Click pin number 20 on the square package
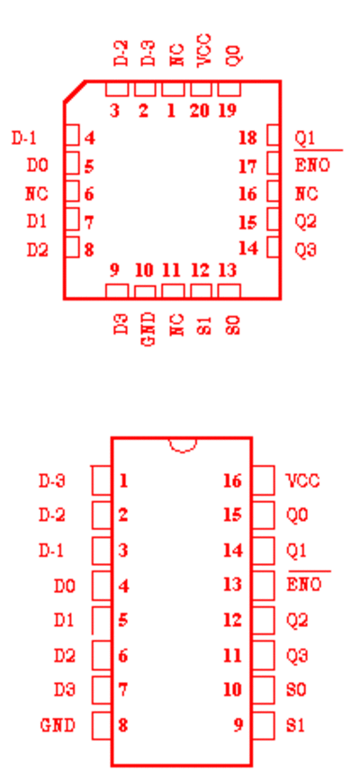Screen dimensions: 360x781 [199, 111]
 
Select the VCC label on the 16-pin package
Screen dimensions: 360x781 [302, 480]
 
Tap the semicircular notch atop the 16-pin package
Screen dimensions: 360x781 [182, 444]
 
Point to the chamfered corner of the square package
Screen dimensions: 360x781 [74, 91]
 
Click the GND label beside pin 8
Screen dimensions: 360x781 [58, 725]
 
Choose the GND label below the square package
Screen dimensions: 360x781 [148, 329]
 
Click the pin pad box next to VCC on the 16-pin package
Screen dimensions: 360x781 [264, 480]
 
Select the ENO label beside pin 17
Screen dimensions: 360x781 [312, 166]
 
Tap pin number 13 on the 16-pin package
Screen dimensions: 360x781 [232, 584]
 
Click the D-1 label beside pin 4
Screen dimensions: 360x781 [24, 138]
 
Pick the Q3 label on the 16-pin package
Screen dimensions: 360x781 [297, 655]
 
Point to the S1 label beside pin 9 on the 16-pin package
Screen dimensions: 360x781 [295, 725]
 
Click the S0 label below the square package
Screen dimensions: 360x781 [234, 324]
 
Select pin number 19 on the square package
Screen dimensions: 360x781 [227, 111]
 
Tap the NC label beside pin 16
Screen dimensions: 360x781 [307, 193]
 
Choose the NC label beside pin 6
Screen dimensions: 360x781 [37, 193]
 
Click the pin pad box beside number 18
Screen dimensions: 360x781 [273, 135]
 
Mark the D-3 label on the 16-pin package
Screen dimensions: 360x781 [52, 481]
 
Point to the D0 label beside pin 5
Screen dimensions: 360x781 [38, 166]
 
